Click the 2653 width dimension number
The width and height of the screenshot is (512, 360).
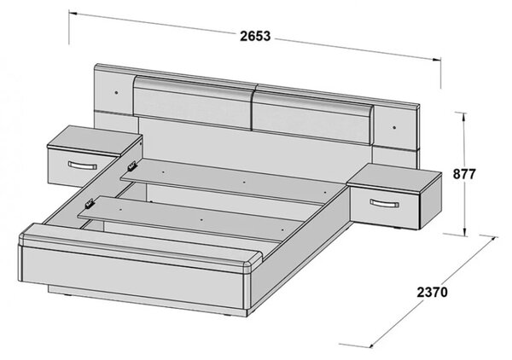pos(255,36)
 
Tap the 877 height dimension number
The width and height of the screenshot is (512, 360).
pos(464,174)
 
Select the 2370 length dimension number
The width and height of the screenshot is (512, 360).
pos(432,292)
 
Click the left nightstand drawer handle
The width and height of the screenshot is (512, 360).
pos(83,165)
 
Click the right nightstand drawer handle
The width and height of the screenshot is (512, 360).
pos(384,203)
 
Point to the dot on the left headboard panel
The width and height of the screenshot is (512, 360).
pos(117,93)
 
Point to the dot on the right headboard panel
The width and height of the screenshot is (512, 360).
pos(394,127)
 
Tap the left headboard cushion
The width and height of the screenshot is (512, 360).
pos(193,102)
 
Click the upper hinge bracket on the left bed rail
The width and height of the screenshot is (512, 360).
pos(132,166)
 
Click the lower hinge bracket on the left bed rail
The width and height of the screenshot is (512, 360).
pos(90,204)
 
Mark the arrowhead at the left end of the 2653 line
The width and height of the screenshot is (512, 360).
pos(73,14)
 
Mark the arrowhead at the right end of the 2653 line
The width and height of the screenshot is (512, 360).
pos(437,60)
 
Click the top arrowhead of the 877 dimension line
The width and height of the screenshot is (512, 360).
pos(463,115)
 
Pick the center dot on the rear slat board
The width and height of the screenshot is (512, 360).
pos(244,182)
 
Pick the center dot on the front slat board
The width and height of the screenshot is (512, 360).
pos(201,221)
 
